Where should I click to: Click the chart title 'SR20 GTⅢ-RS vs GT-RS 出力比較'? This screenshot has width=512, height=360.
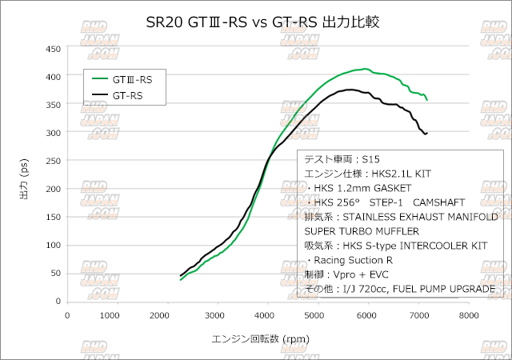256,22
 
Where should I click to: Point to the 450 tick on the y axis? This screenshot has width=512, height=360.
53,49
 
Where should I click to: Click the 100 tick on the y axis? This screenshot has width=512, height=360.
53,245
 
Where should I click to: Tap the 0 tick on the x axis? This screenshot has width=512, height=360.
66,315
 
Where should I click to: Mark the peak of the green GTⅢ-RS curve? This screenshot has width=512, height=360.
365,69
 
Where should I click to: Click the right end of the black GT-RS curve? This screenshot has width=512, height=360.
426,133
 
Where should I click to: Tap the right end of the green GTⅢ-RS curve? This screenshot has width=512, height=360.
428,100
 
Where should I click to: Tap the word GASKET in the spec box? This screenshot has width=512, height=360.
405,187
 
